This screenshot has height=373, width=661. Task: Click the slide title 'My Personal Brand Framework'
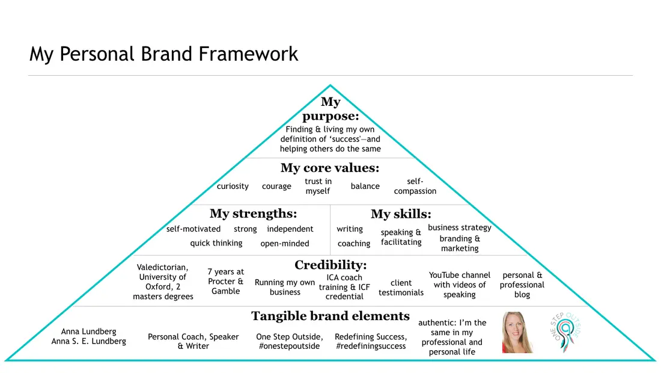coord(163,54)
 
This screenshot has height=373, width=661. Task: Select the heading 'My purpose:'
coord(330,109)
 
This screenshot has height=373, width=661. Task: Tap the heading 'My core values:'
coord(330,168)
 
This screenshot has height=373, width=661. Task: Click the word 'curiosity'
coord(233,186)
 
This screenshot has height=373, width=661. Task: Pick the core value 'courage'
coord(276,186)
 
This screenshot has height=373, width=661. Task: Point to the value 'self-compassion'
coord(415,186)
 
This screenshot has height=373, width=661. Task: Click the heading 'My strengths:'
coord(254,214)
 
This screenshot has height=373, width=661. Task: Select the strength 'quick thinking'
coord(216,244)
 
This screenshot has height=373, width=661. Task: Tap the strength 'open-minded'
coord(285,244)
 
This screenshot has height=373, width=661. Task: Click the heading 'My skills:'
coord(401,214)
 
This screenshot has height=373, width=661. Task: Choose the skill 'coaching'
coord(354,244)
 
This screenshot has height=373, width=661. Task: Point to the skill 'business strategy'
coord(460,228)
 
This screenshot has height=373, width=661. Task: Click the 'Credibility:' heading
coord(330,265)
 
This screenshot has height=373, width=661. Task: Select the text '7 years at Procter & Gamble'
coord(225,282)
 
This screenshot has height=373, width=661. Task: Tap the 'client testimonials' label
coord(401,288)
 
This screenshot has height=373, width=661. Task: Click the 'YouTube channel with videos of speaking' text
coord(460,285)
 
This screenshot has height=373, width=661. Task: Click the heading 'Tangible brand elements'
coord(330,316)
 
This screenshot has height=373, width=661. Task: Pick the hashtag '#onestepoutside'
coord(289,347)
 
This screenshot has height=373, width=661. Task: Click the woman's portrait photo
coord(517,333)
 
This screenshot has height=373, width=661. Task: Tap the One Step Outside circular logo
coord(565,332)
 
